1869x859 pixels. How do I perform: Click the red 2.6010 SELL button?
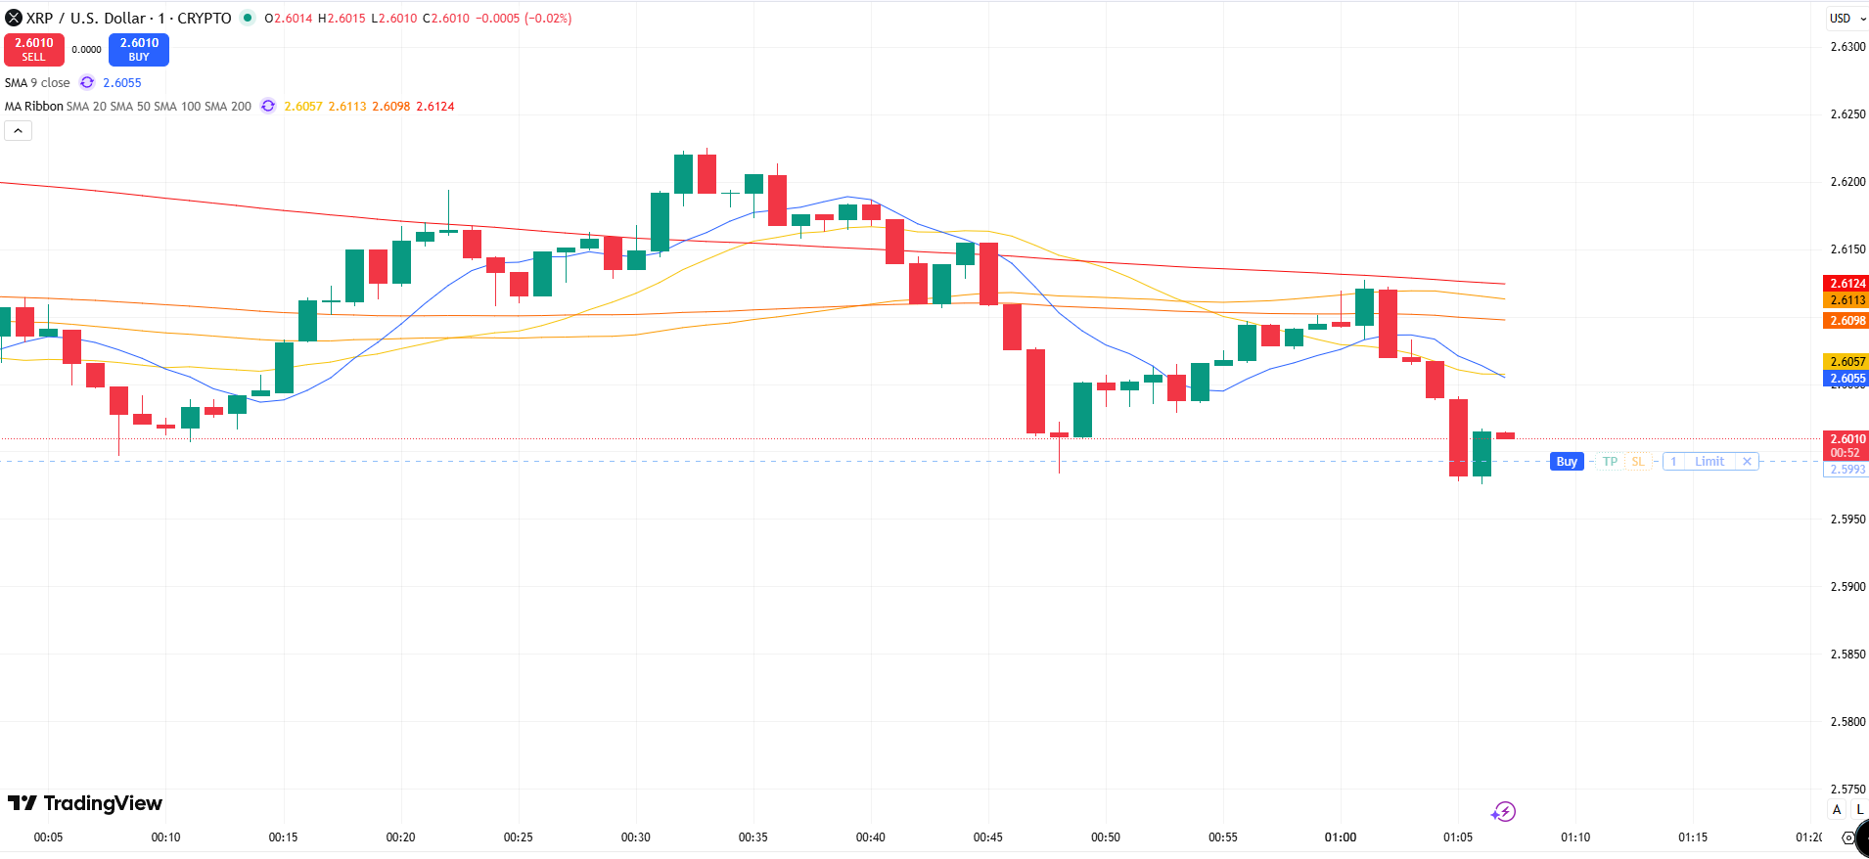click(x=34, y=49)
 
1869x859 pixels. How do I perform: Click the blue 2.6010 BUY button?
click(x=139, y=49)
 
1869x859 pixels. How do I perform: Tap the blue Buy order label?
click(x=1567, y=462)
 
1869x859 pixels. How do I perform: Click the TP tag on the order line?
click(x=1610, y=462)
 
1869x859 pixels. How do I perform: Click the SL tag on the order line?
click(x=1638, y=462)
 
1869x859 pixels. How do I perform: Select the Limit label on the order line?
click(x=1709, y=462)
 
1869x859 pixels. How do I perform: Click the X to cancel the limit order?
click(x=1747, y=462)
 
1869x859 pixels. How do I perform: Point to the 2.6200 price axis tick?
click(x=1847, y=182)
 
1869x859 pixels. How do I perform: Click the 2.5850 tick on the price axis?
click(x=1847, y=655)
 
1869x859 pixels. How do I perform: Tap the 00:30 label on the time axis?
click(x=636, y=837)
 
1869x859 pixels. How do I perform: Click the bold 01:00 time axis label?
click(x=1341, y=837)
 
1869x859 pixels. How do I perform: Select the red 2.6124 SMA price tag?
click(x=1846, y=284)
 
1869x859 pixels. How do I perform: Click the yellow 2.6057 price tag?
click(x=1846, y=362)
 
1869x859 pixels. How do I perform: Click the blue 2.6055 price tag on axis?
click(x=1846, y=379)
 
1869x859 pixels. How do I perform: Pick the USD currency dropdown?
click(x=1846, y=19)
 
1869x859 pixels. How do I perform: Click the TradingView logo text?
click(x=86, y=803)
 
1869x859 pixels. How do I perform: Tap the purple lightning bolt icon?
click(x=1504, y=812)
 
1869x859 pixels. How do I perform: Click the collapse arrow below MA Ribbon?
click(x=19, y=131)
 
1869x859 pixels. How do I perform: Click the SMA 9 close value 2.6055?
click(x=122, y=83)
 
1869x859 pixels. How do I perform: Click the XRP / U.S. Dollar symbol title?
click(x=127, y=19)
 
